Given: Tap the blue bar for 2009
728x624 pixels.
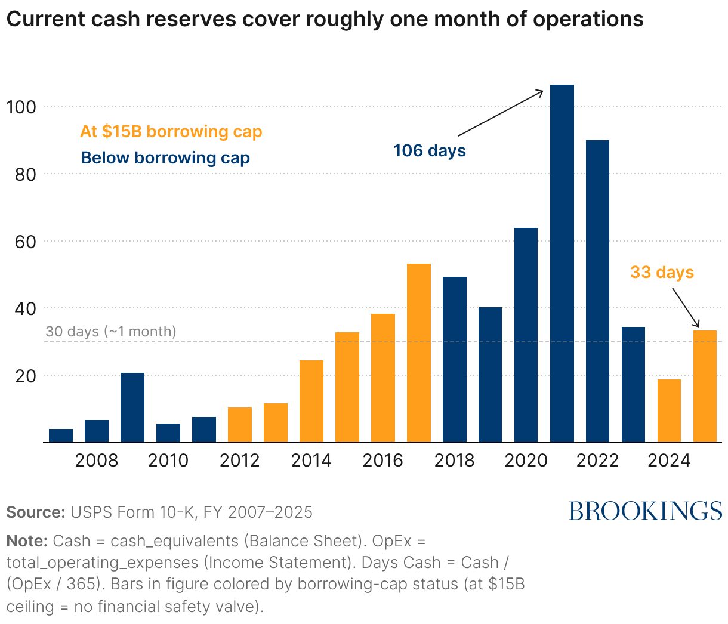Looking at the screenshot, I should [132, 407].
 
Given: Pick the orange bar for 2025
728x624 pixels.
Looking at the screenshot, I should [705, 387].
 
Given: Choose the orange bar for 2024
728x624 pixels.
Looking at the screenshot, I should [669, 411].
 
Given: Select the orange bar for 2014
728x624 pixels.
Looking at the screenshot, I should [311, 401].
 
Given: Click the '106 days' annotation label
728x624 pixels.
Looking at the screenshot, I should [430, 150].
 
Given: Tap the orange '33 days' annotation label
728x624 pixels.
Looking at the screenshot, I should [662, 273].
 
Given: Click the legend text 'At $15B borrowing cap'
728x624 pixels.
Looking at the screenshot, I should [171, 132].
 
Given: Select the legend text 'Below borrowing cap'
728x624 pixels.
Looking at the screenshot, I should [165, 158].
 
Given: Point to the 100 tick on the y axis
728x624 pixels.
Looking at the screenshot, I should [21, 107].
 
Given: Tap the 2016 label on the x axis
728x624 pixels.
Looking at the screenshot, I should [382, 461].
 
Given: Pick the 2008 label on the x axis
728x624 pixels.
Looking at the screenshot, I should [97, 461].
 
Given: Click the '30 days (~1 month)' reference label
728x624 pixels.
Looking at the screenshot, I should [111, 332].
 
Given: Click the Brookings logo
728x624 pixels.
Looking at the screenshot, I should [645, 511].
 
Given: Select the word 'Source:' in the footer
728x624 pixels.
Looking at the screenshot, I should [35, 512].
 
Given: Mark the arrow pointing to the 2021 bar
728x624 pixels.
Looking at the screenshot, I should [501, 113].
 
